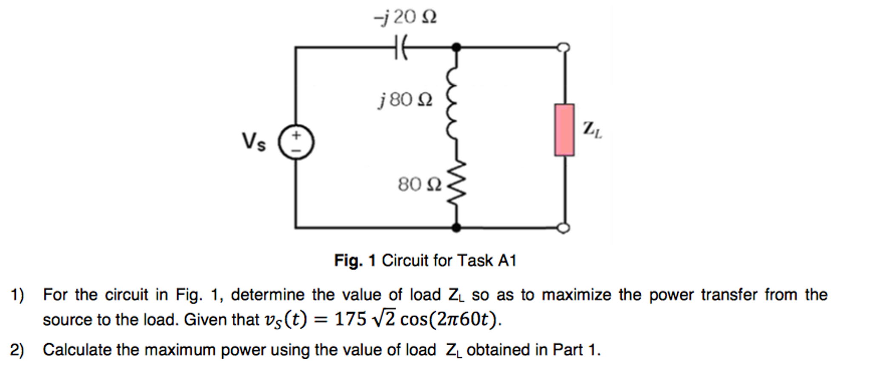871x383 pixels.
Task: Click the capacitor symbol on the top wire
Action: (401, 47)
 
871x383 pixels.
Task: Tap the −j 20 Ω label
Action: (405, 17)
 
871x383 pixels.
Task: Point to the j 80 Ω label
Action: (405, 100)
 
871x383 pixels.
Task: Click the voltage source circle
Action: (296, 142)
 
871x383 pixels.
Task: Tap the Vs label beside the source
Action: (254, 142)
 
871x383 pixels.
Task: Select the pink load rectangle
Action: (564, 130)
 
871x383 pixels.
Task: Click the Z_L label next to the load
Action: (592, 129)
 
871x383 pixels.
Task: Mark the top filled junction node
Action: (456, 47)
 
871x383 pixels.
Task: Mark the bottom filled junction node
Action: (456, 228)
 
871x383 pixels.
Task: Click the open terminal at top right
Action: (564, 47)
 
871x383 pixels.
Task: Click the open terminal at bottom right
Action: (564, 228)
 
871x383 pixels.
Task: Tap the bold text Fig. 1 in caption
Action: (355, 260)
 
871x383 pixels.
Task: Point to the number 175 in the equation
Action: (350, 319)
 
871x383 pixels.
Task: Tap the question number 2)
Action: (17, 350)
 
